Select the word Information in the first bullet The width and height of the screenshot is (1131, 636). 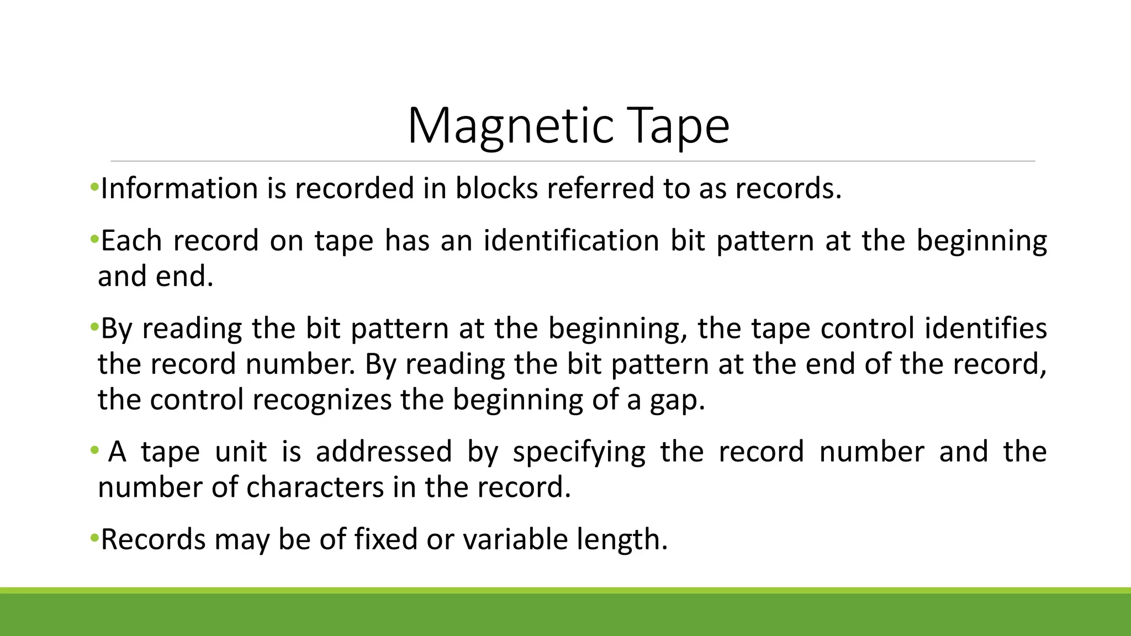179,188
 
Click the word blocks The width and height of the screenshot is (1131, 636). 496,188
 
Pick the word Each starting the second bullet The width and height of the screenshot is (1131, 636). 132,241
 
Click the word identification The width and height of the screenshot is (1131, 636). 571,241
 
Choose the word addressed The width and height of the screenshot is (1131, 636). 384,452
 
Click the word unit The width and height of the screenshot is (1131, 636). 241,452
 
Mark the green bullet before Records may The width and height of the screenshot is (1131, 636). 94,537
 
